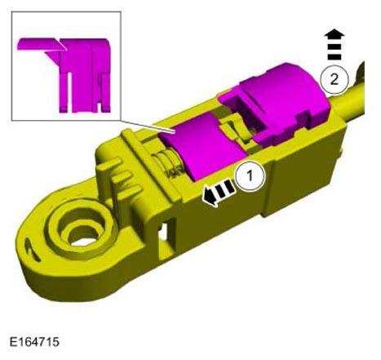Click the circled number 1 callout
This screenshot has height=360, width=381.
tap(250, 176)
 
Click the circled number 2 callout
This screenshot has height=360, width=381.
tap(334, 80)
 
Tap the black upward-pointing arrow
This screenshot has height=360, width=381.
tap(334, 44)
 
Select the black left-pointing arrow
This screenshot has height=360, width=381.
tap(219, 193)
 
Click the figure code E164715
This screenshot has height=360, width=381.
tap(34, 342)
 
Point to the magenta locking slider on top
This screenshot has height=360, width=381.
tap(202, 147)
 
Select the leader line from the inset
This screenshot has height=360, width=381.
tap(147, 127)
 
